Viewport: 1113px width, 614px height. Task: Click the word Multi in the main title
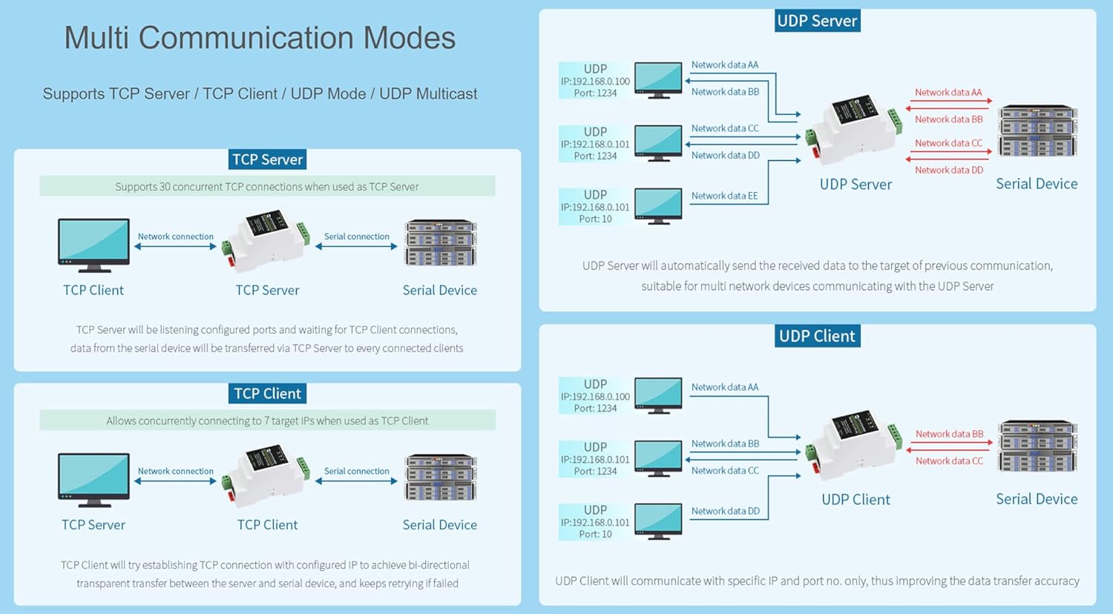click(96, 38)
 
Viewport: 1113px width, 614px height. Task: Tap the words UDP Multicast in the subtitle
click(428, 94)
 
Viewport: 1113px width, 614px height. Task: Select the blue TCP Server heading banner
click(267, 159)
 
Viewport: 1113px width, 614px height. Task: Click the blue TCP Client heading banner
click(267, 394)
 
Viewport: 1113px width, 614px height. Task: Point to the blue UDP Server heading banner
click(818, 21)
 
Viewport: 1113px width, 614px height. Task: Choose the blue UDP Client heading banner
click(818, 337)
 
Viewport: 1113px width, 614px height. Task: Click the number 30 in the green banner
click(165, 187)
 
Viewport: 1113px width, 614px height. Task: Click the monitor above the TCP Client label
click(93, 245)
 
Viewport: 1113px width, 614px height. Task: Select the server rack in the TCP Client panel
click(441, 478)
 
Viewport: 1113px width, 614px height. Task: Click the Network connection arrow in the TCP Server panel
click(175, 246)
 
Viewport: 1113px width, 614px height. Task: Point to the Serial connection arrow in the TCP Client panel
click(356, 481)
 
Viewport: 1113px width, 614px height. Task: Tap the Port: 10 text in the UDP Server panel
click(595, 219)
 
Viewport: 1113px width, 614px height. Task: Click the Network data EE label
click(724, 196)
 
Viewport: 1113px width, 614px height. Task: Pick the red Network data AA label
click(948, 93)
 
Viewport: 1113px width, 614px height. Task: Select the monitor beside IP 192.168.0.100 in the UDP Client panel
click(658, 396)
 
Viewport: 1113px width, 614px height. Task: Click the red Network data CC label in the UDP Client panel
click(949, 461)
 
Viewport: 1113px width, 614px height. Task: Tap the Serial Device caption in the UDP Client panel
click(1037, 499)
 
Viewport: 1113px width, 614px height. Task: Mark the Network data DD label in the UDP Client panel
click(725, 511)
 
